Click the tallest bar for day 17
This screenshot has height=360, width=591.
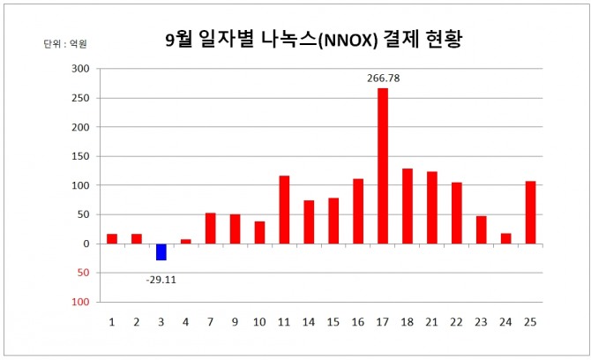pos(383,166)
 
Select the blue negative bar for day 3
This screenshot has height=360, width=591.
pos(161,251)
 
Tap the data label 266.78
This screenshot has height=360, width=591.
pos(383,79)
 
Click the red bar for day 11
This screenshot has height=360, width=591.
pos(284,209)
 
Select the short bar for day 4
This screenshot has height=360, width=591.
pos(185,241)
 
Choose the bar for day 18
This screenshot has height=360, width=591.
pos(408,206)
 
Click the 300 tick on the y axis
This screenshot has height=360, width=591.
pos(80,68)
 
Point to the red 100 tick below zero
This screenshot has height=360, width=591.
pos(80,302)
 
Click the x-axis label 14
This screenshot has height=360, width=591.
pos(309,322)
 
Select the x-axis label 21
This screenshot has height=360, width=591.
pos(432,322)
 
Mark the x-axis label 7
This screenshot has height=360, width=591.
pos(210,322)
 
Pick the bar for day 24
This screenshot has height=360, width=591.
pos(506,238)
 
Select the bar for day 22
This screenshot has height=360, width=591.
pos(457,213)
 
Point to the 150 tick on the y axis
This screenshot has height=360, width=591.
pos(80,156)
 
